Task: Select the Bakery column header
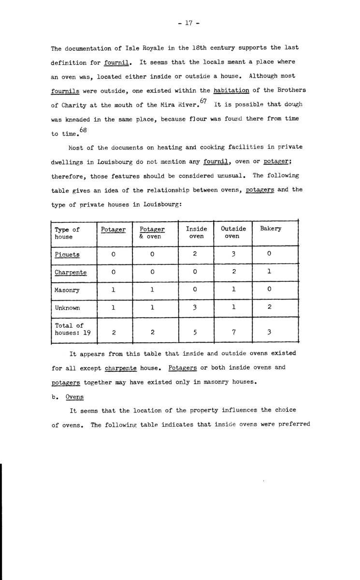(x=271, y=229)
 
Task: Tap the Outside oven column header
(x=233, y=232)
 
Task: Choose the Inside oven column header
(x=196, y=232)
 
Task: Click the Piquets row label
(x=67, y=254)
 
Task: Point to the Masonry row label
(x=67, y=290)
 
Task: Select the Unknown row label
(x=67, y=308)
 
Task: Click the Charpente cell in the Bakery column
(x=269, y=272)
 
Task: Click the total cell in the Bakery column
(x=269, y=333)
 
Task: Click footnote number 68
(x=83, y=129)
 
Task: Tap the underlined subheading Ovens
(x=74, y=397)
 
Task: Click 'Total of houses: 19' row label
(x=73, y=329)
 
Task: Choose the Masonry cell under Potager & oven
(x=152, y=290)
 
